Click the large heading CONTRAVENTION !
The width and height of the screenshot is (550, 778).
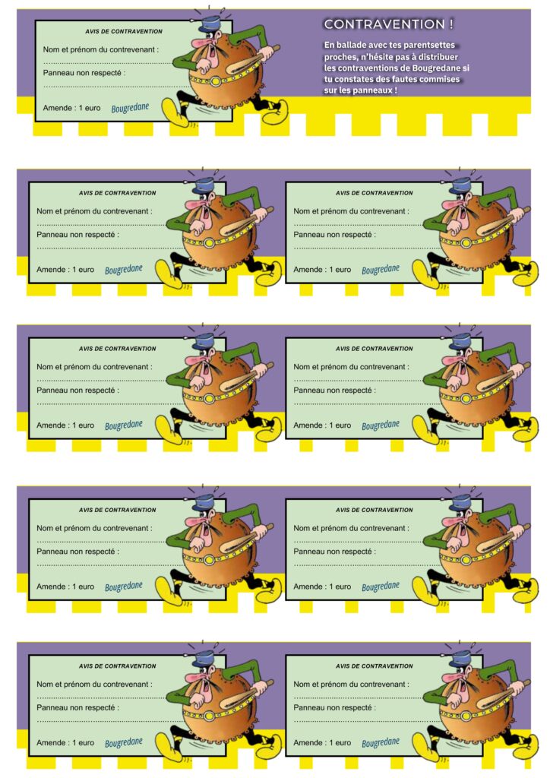coord(388,24)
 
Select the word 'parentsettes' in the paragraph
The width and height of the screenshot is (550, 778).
coord(429,45)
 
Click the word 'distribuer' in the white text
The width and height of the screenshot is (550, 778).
coord(437,57)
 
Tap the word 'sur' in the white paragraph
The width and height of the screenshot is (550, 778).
coord(330,91)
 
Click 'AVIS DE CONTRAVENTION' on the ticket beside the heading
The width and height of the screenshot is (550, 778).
coord(124,31)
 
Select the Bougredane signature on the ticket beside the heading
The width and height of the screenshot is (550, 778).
coord(130,108)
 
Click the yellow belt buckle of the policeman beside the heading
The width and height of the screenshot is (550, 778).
coord(216,81)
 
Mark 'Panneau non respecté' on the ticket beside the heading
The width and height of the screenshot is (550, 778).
coord(82,73)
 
